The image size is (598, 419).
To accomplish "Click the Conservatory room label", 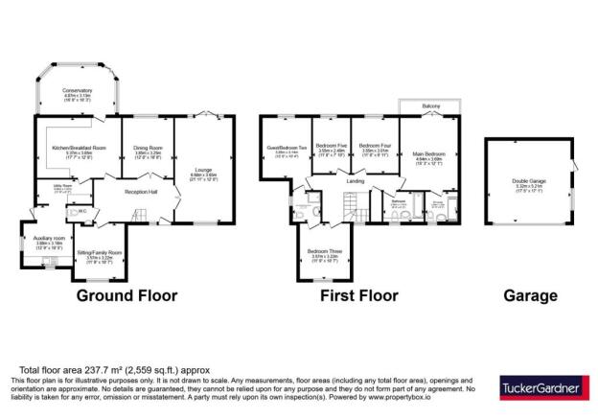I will (x=77, y=91).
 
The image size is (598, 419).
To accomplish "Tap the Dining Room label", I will (x=147, y=148).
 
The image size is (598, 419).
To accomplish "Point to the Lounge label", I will (x=204, y=169).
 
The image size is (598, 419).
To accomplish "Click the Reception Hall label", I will (x=141, y=191).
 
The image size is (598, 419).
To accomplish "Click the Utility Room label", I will (x=49, y=186).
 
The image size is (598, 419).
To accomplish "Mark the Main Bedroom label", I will (x=428, y=152).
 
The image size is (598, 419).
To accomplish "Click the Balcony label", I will (x=429, y=105).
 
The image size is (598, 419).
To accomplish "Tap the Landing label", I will (x=355, y=180).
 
